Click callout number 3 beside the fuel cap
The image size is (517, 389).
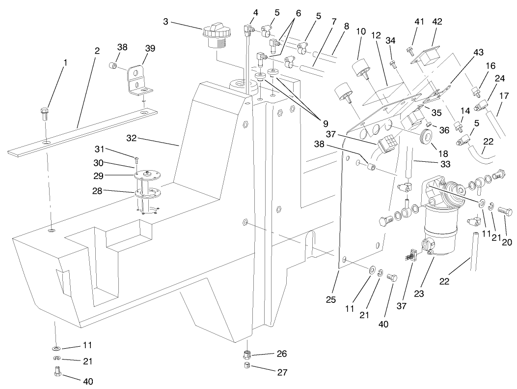pos(166,22)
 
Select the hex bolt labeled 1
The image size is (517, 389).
pos(43,114)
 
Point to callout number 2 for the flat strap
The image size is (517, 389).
pos(97,51)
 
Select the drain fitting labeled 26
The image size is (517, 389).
pos(248,355)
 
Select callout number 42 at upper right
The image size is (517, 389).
pos(437,22)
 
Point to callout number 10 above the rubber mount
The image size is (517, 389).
pos(361,31)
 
